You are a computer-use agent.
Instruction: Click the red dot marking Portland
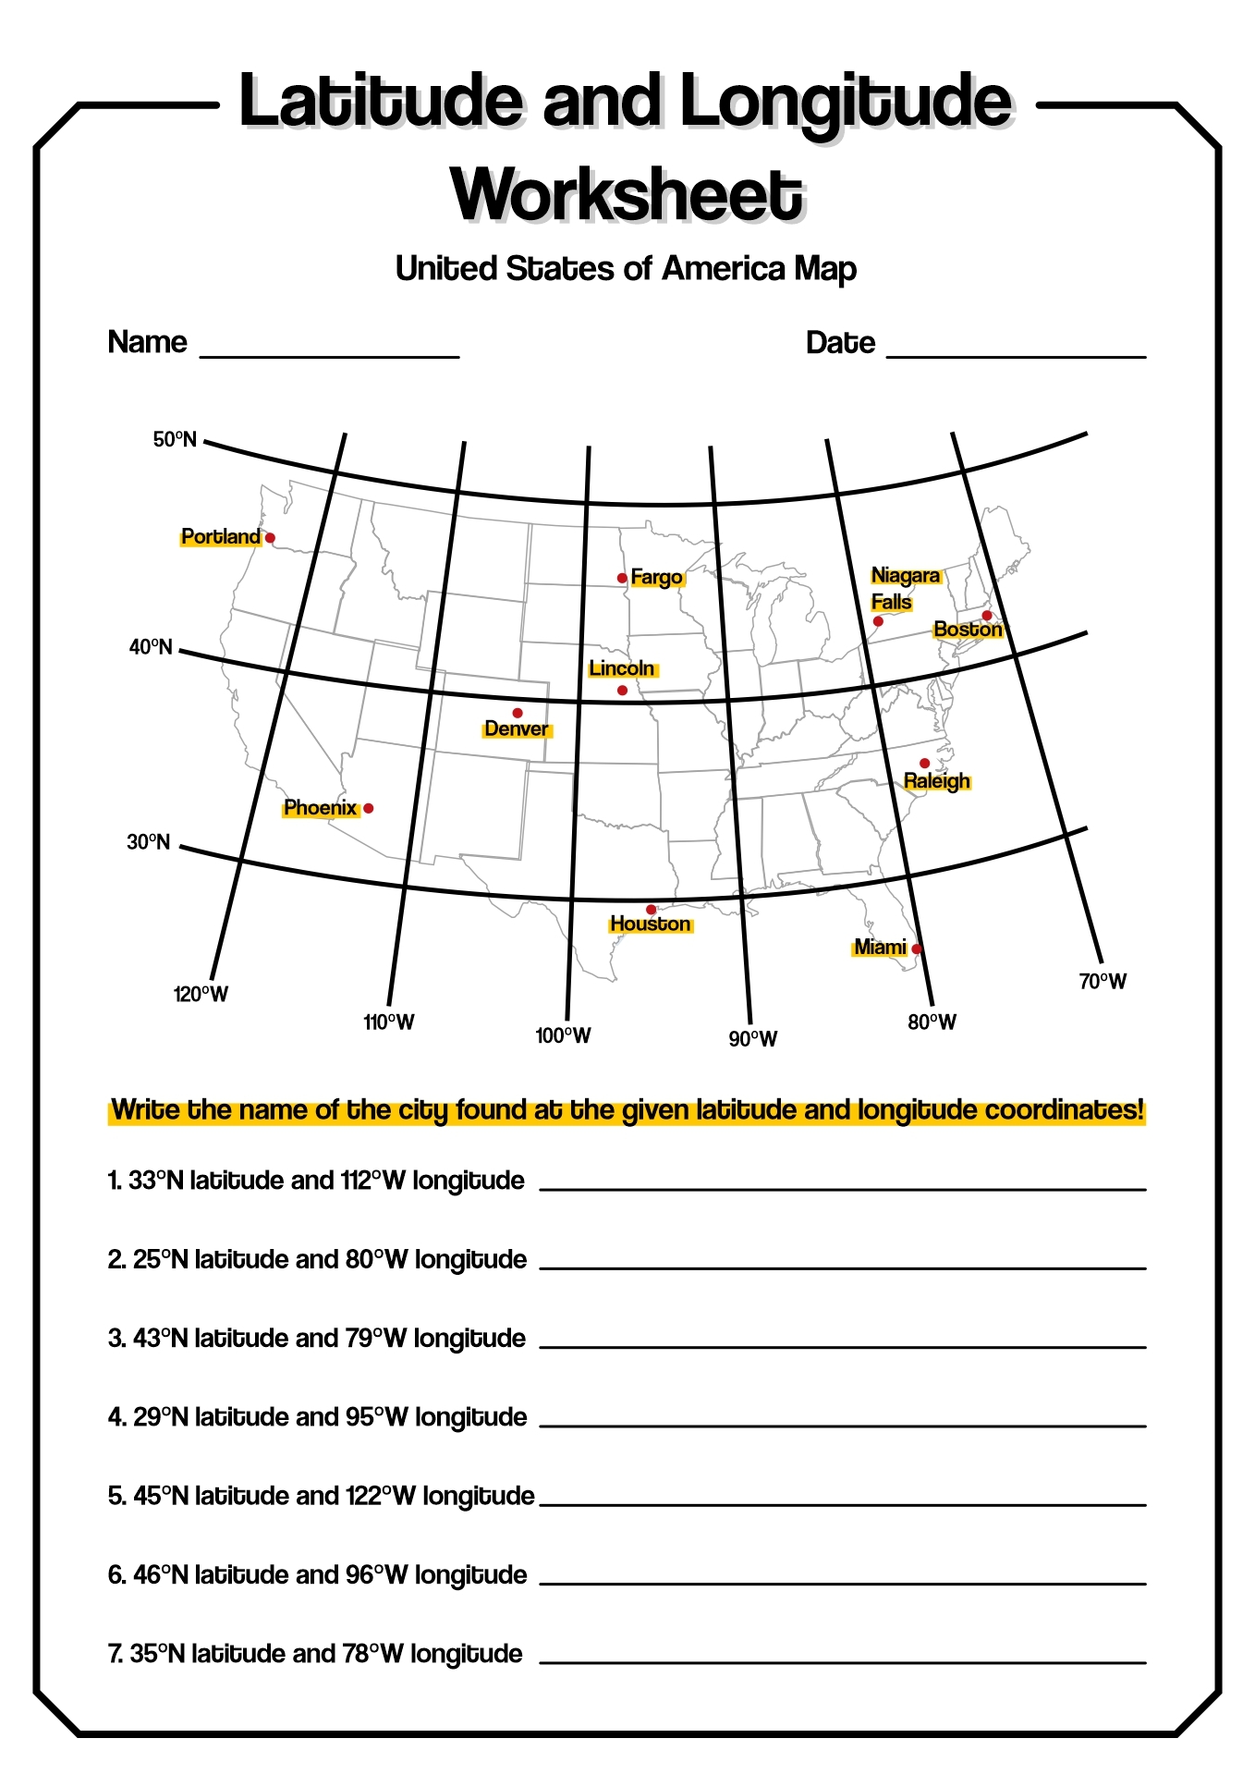click(x=270, y=537)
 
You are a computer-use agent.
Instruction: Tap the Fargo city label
click(x=656, y=578)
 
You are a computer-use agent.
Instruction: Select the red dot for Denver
click(x=518, y=713)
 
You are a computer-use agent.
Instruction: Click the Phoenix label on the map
click(x=320, y=808)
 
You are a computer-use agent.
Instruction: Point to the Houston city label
click(x=650, y=924)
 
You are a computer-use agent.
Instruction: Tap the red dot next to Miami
click(x=916, y=949)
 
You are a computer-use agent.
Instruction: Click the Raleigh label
click(x=936, y=781)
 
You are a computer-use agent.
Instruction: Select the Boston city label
click(x=968, y=630)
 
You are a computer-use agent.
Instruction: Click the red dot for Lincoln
click(x=622, y=691)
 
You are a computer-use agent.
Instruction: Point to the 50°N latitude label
click(x=175, y=439)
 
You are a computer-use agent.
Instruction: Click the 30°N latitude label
click(x=149, y=842)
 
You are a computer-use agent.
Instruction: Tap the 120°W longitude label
click(x=201, y=995)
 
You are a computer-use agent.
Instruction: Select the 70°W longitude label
click(x=1103, y=982)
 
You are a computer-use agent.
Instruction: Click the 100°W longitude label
click(x=563, y=1035)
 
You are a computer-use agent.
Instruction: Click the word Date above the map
click(x=840, y=343)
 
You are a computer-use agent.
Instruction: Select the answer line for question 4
click(x=842, y=1425)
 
